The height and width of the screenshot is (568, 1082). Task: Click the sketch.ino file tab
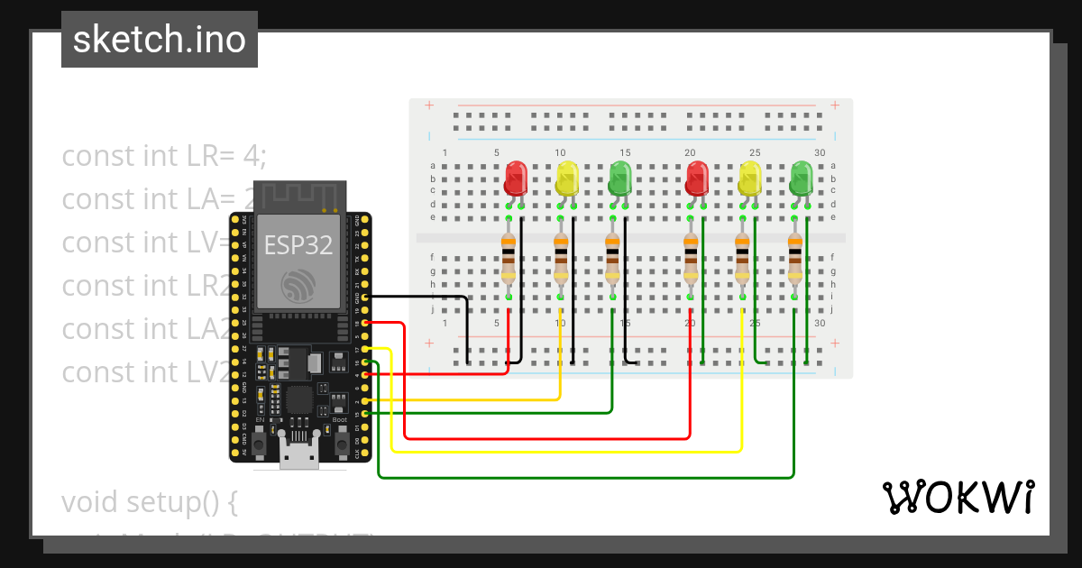pos(160,40)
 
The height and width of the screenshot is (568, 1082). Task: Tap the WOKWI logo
pos(957,497)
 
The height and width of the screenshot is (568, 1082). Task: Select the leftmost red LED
pos(516,178)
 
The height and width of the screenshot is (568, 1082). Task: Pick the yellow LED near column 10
pos(567,178)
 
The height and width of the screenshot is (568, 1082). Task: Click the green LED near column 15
pos(619,178)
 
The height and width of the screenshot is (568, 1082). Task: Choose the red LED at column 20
pos(696,178)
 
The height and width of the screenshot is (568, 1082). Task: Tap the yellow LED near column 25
pos(749,178)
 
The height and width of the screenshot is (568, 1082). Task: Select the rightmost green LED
pos(802,178)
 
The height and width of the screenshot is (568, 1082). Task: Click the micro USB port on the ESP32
pos(298,455)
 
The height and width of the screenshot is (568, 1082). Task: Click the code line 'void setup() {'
pos(149,501)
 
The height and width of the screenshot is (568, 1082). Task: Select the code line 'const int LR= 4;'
pos(164,156)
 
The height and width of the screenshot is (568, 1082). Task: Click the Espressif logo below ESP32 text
pos(298,286)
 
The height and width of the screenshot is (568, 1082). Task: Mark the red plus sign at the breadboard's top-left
pos(429,105)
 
